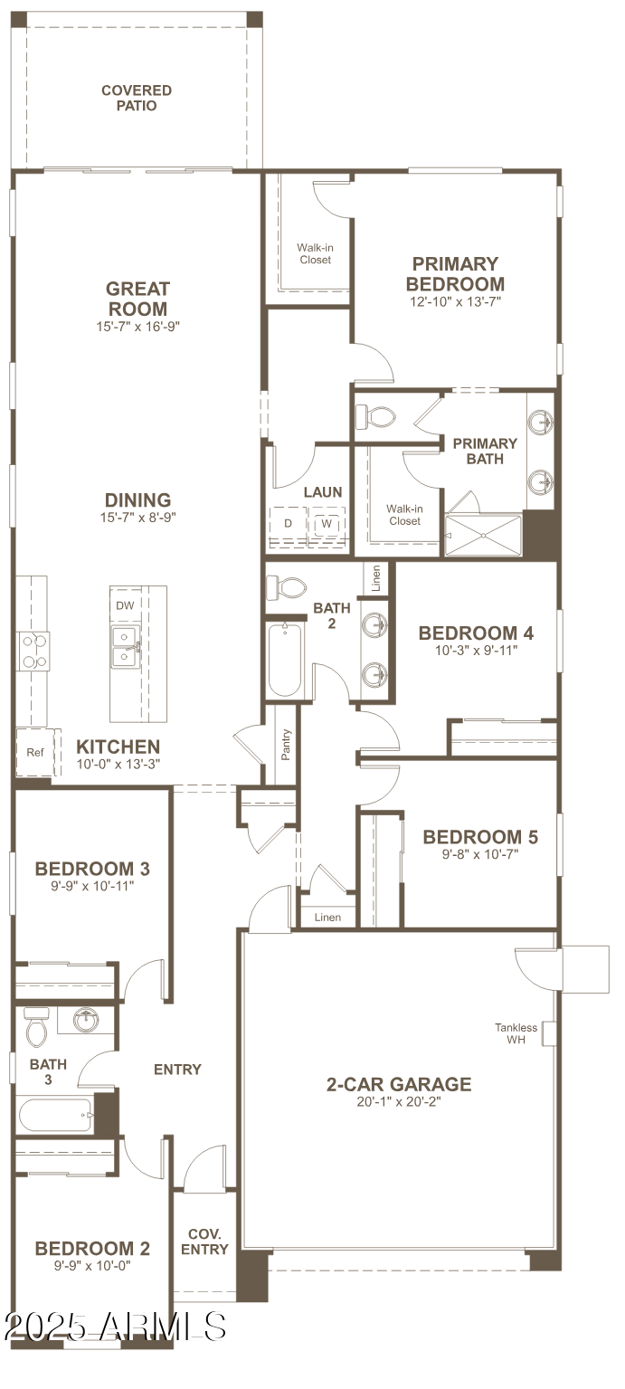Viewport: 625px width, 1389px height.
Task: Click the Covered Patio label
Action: (137, 98)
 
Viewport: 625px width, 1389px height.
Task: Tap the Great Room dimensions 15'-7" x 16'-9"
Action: (137, 327)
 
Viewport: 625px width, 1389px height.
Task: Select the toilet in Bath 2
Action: (287, 587)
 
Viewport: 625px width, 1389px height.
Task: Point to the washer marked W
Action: (326, 524)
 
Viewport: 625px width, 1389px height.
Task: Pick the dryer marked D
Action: (289, 524)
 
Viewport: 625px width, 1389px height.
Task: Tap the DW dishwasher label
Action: (125, 605)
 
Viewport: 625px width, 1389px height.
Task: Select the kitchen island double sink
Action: (126, 646)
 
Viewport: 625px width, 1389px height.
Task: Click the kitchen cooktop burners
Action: (33, 651)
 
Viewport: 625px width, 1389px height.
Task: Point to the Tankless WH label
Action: (516, 1033)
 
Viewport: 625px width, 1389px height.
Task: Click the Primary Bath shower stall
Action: (484, 535)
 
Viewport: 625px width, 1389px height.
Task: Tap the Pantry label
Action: (286, 745)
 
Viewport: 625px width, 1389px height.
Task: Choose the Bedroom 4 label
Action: (482, 633)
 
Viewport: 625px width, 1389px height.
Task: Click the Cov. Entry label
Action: (204, 1242)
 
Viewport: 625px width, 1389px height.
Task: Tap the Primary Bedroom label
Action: (455, 273)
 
